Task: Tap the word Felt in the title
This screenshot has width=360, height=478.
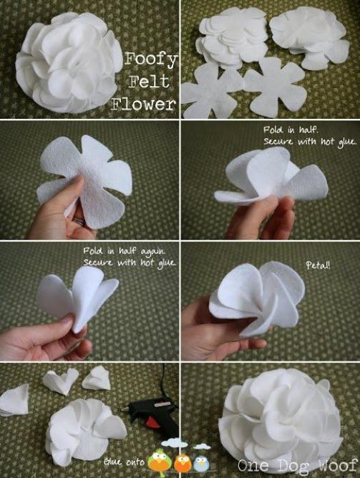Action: [150, 82]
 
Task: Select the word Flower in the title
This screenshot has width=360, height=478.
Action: [144, 104]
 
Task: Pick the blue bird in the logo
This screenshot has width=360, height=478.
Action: [202, 462]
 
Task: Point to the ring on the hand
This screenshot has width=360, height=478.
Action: [76, 222]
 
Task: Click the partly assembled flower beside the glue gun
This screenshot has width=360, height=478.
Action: [81, 428]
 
